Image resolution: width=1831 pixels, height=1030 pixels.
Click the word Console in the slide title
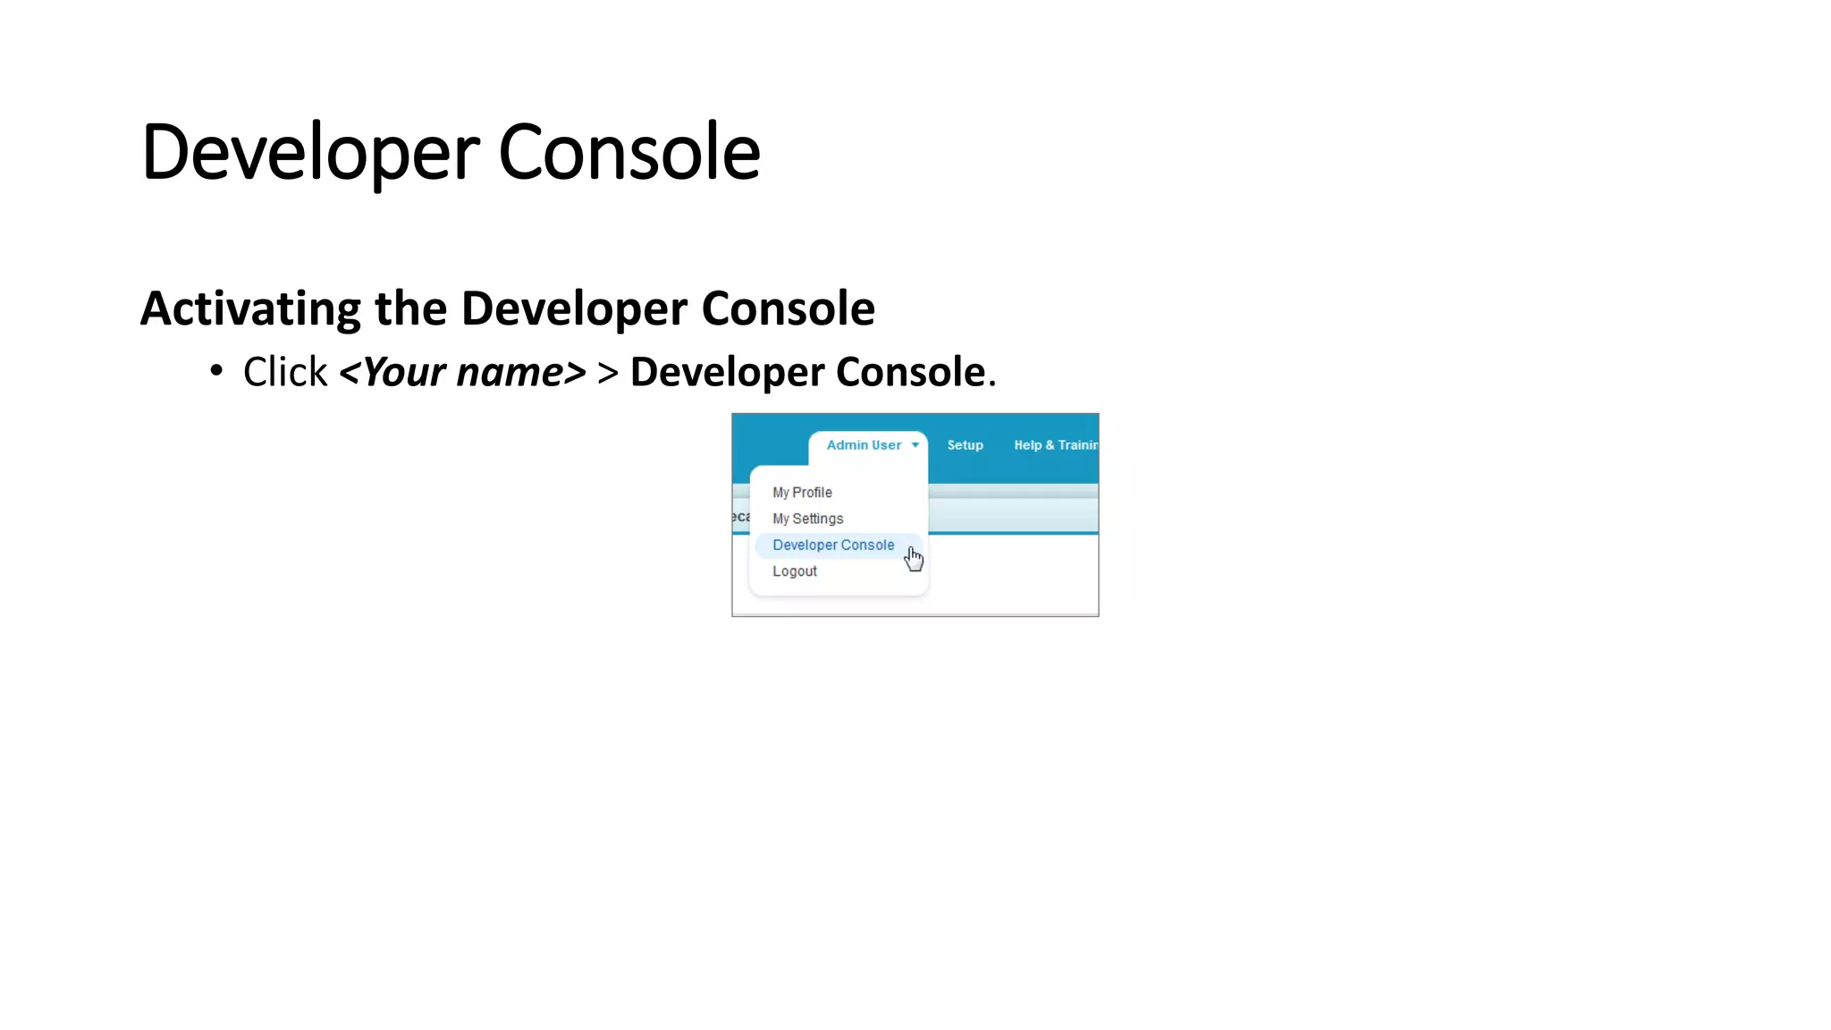629,153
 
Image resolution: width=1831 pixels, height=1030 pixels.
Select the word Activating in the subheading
250,309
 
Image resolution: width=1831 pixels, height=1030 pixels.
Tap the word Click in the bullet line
285,372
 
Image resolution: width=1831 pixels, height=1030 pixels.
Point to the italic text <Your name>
462,372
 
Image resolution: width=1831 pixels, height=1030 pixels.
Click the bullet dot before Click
216,369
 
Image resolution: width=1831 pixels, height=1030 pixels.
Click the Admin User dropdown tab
864,445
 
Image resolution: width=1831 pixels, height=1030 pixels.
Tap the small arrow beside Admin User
915,445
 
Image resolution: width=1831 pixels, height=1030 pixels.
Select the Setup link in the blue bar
965,445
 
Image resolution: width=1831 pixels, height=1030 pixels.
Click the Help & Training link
1055,445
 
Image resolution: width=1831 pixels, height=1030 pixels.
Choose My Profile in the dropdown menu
802,493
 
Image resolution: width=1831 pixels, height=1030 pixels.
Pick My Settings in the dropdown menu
807,519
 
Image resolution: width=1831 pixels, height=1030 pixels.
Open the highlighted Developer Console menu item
832,545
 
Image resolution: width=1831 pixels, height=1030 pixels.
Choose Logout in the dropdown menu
794,571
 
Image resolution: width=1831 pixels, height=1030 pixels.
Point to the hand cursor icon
913,559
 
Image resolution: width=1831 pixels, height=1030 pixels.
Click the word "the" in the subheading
410,309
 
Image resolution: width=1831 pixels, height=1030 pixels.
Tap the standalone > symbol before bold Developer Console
608,373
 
